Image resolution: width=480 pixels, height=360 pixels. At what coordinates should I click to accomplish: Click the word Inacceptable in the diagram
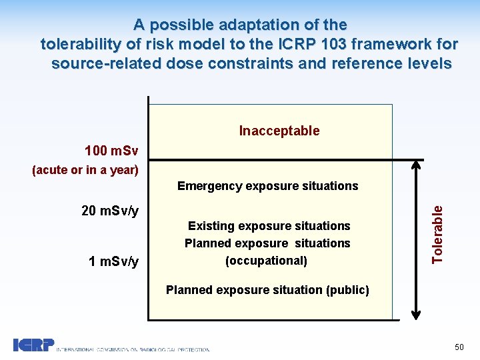click(279, 131)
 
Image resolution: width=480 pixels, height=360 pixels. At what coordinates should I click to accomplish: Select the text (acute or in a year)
click(85, 169)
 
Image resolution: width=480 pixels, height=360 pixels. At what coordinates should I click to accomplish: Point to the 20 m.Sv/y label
click(110, 211)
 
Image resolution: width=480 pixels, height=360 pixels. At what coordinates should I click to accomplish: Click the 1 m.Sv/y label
click(113, 261)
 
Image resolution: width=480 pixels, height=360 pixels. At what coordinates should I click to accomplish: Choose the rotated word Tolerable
click(437, 233)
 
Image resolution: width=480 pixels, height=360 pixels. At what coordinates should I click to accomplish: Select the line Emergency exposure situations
click(267, 186)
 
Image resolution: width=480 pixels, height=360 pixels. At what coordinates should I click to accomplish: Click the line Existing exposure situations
click(268, 226)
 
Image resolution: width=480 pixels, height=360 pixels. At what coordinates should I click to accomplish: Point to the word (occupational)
click(267, 261)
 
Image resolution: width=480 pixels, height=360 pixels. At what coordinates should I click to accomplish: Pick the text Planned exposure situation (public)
click(267, 290)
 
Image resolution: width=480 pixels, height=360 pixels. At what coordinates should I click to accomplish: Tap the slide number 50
click(459, 347)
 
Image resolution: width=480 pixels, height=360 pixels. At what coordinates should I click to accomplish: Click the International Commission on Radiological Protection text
click(133, 349)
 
